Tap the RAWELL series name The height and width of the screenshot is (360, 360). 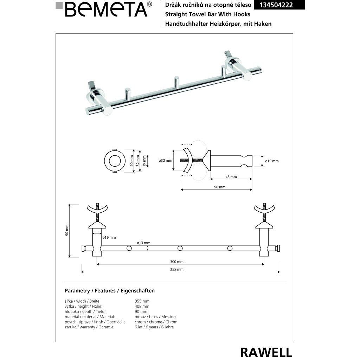266,352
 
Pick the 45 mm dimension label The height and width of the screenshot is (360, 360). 231,177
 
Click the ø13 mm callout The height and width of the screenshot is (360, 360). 143,243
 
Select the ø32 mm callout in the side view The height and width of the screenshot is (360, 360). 166,161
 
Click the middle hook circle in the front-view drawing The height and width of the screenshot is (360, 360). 180,249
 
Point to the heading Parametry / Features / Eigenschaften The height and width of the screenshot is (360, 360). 110,291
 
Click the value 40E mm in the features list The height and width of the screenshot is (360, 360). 142,306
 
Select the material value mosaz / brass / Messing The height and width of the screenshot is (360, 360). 155,317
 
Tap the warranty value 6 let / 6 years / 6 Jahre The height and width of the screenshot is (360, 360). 154,327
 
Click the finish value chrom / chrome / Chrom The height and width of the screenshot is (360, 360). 156,322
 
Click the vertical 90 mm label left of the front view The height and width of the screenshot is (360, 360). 67,230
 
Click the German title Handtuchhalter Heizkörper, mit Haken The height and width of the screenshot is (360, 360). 216,24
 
